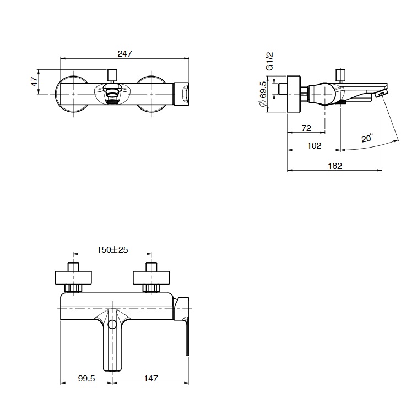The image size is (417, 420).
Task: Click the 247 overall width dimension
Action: (125, 54)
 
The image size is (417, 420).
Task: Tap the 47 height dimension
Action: (35, 81)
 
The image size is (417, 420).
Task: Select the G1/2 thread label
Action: (270, 61)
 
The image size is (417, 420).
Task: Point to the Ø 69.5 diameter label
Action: (263, 94)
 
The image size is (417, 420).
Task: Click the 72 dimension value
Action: (306, 128)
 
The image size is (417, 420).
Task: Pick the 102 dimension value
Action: (314, 146)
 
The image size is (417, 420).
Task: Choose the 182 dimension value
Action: (335, 166)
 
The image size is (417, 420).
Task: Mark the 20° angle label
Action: (367, 138)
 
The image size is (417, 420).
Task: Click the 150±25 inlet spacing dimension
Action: (112, 250)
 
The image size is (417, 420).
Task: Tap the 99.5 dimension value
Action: (86, 379)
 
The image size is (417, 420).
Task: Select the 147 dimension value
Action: (151, 379)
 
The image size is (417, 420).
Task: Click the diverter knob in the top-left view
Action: (112, 75)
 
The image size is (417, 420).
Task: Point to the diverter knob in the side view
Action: (340, 75)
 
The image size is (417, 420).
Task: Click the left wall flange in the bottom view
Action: (73, 278)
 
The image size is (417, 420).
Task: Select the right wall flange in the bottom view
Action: (151, 278)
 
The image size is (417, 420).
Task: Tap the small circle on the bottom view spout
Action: (112, 325)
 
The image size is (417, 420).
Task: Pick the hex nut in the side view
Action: (305, 94)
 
